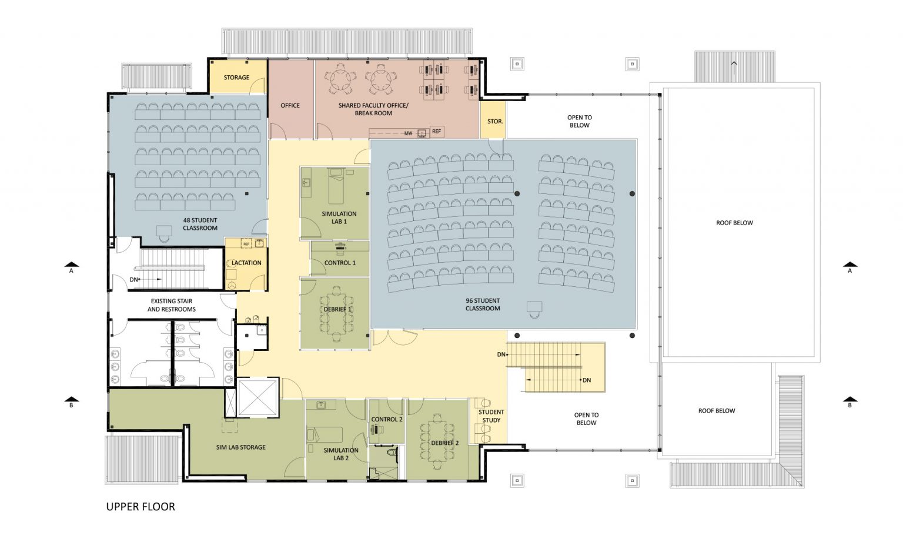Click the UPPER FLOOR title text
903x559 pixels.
(x=141, y=507)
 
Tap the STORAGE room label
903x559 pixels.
(x=237, y=78)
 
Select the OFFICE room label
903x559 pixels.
(x=290, y=105)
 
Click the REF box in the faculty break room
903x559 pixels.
(x=437, y=132)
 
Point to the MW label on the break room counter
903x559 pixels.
(x=409, y=133)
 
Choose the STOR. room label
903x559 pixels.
(x=495, y=121)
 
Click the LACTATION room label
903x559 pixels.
(x=247, y=263)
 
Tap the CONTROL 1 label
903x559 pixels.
(x=340, y=263)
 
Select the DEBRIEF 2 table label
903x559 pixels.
(x=445, y=443)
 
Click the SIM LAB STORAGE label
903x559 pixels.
(x=240, y=447)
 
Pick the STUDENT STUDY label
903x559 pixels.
(x=491, y=416)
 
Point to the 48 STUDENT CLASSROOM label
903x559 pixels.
(x=200, y=224)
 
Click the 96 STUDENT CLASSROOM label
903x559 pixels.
(x=483, y=304)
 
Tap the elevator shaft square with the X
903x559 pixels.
(x=257, y=397)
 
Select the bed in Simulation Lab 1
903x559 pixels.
(x=336, y=186)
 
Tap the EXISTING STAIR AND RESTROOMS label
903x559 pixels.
(x=171, y=305)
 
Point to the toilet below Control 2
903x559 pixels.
(x=391, y=453)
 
